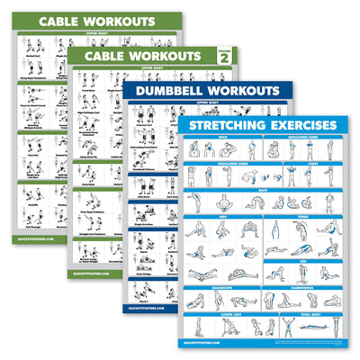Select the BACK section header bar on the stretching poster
pyautogui.click(x=262, y=190)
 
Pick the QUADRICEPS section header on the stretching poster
pyautogui.click(x=221, y=288)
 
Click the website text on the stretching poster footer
pyautogui.click(x=212, y=343)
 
